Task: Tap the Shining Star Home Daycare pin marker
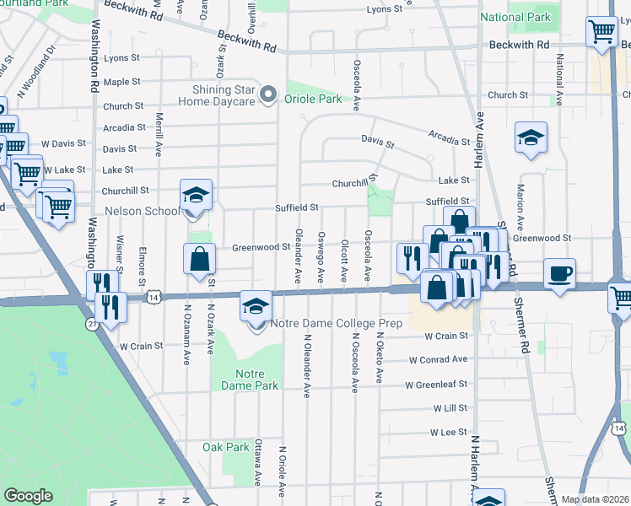point(269,94)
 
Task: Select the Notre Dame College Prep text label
point(337,323)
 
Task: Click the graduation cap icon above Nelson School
point(196,196)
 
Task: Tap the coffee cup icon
point(560,274)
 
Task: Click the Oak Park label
point(226,447)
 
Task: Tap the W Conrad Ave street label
point(438,359)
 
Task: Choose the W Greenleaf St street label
point(436,385)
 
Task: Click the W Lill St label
point(450,408)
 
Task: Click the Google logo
point(29,496)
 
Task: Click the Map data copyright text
point(595,499)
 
